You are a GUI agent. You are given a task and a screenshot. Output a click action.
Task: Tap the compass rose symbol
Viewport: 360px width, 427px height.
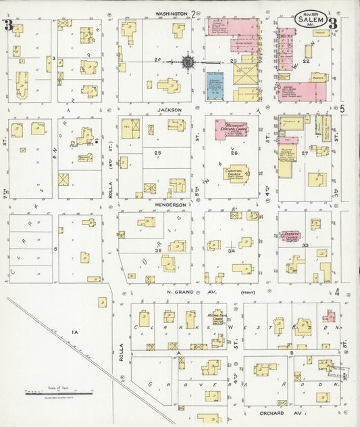pyautogui.click(x=188, y=62)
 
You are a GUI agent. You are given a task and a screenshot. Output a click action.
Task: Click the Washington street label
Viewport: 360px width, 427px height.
pyautogui.click(x=171, y=13)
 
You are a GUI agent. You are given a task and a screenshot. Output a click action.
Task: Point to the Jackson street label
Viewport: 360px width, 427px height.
pyautogui.click(x=171, y=109)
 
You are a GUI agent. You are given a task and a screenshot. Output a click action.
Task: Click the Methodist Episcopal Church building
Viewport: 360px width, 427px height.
pyautogui.click(x=230, y=129)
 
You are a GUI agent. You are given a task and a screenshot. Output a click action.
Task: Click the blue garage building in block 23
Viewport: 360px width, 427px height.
pyautogui.click(x=215, y=86)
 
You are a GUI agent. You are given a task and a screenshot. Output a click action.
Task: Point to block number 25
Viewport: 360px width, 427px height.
pyautogui.click(x=158, y=153)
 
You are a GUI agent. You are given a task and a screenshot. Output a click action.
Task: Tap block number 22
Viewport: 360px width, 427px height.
pyautogui.click(x=306, y=61)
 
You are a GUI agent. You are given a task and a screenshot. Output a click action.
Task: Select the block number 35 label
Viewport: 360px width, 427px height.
pyautogui.click(x=158, y=251)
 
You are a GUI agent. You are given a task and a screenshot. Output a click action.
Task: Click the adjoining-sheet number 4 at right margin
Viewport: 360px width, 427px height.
pyautogui.click(x=336, y=291)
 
